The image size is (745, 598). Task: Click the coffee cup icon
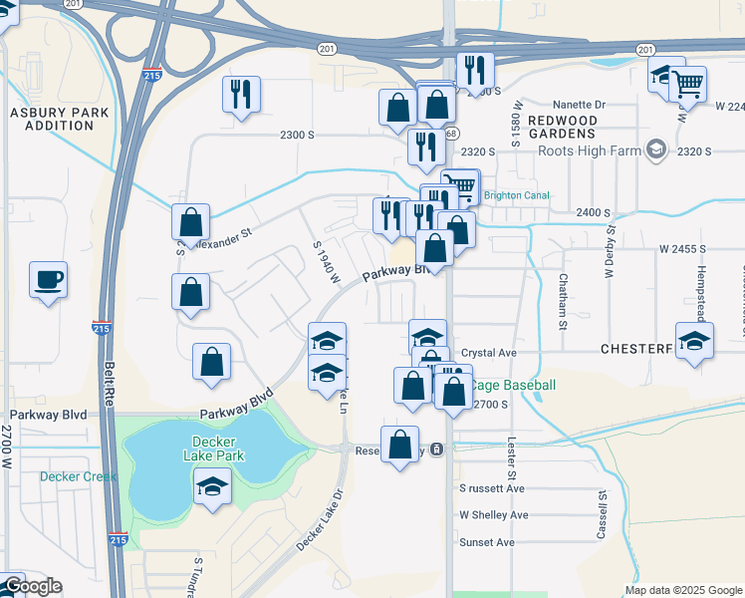pyautogui.click(x=48, y=279)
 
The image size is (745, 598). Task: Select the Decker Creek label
pyautogui.click(x=78, y=476)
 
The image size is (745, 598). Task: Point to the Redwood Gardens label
pyautogui.click(x=563, y=126)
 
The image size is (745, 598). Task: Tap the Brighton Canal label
pyautogui.click(x=516, y=196)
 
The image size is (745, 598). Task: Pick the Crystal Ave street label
pyautogui.click(x=489, y=353)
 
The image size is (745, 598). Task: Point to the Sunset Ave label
pyautogui.click(x=486, y=542)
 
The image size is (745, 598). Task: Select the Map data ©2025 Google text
pyautogui.click(x=682, y=590)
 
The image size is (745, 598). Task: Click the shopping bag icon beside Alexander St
pyautogui.click(x=190, y=222)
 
